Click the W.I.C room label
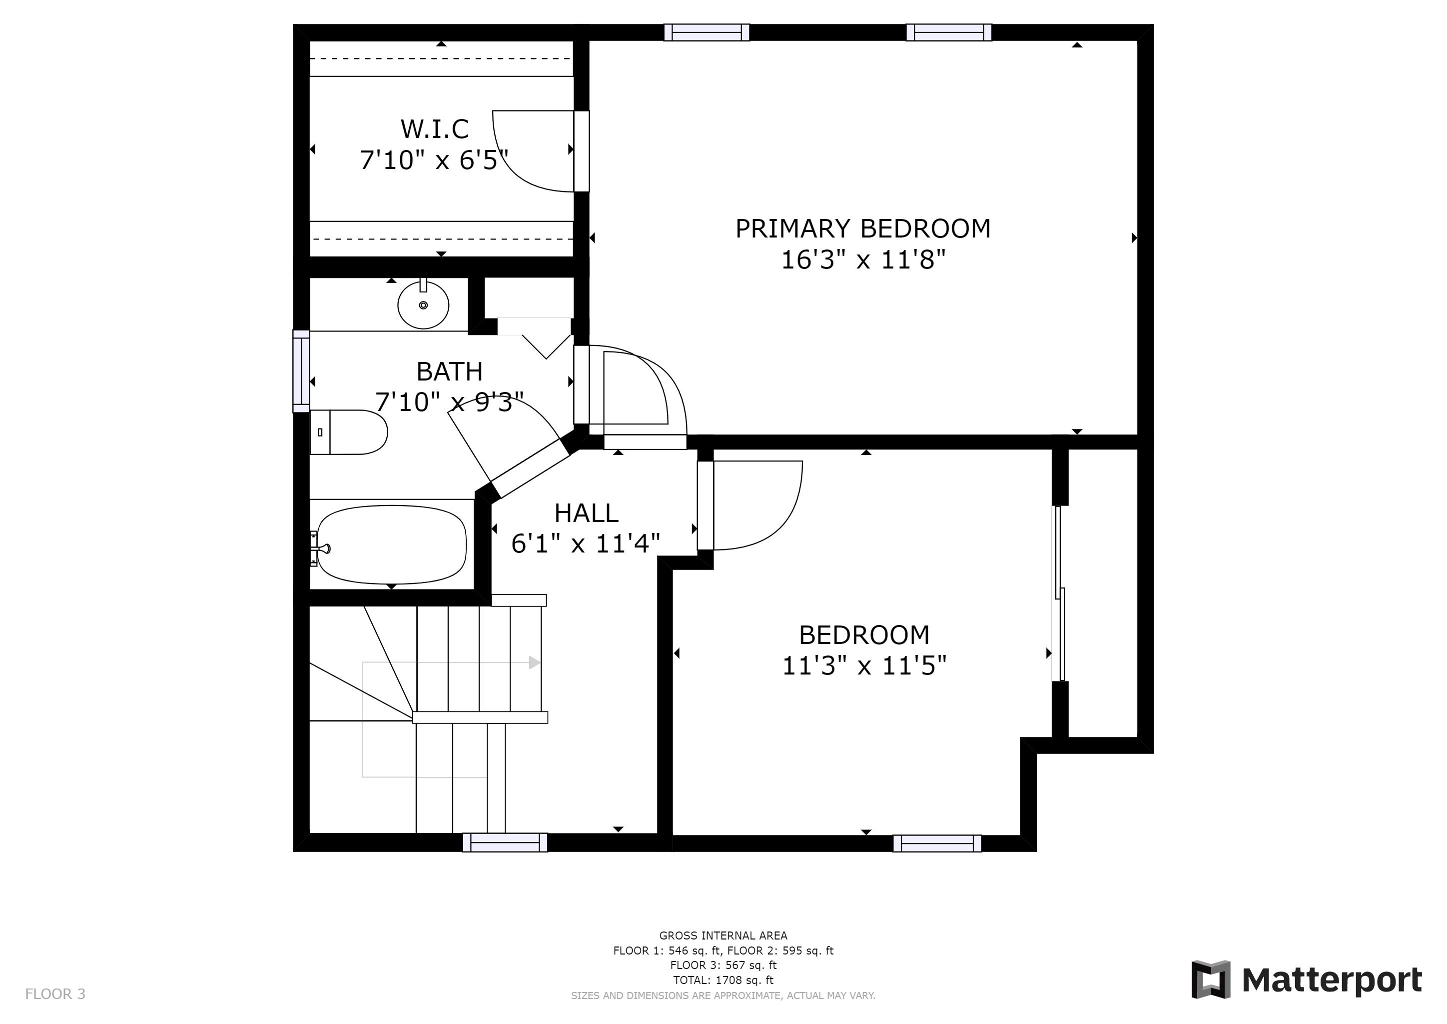click(x=435, y=129)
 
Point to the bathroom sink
click(x=423, y=305)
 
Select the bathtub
click(x=391, y=545)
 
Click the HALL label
click(x=586, y=513)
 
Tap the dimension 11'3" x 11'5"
click(x=863, y=666)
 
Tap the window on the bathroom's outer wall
click(x=301, y=371)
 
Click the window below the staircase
click(x=505, y=842)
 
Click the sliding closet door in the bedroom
click(x=1061, y=592)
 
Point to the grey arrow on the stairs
click(x=534, y=662)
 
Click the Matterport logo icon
click(x=1210, y=979)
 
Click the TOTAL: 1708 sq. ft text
click(x=723, y=980)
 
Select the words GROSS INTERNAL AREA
click(x=723, y=935)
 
